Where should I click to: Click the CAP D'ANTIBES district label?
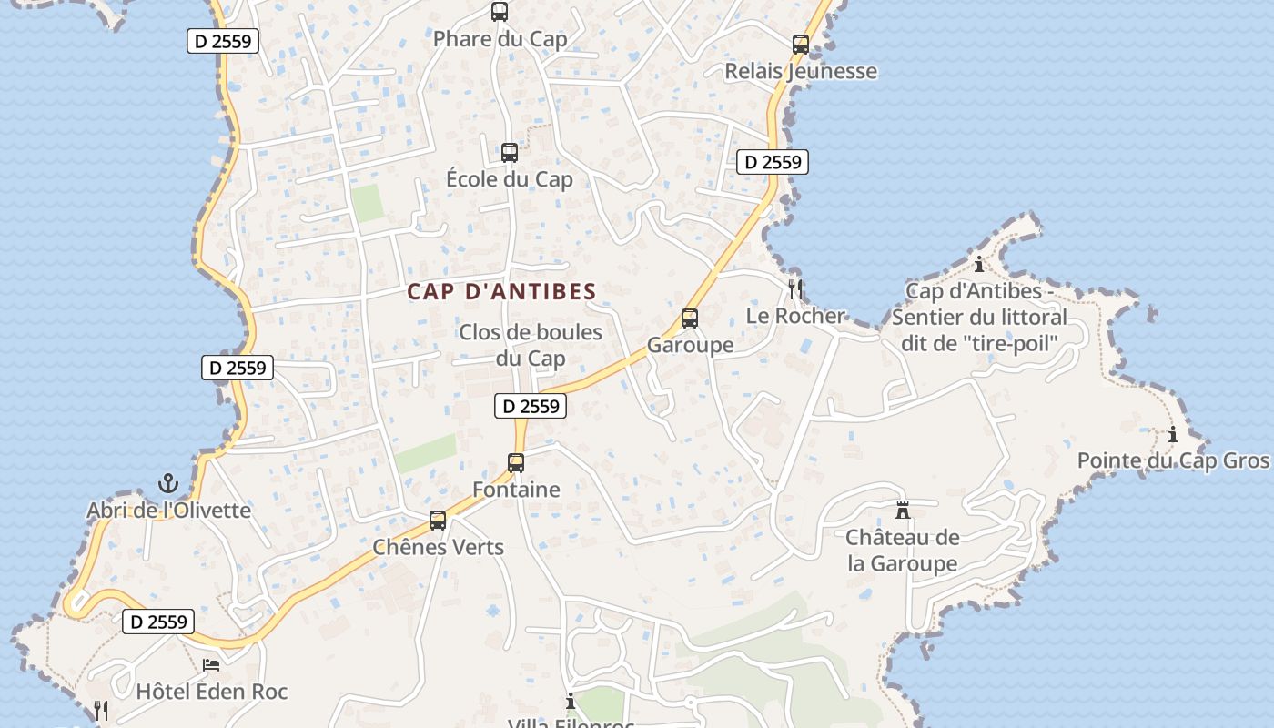click(501, 292)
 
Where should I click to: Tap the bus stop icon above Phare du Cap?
click(500, 12)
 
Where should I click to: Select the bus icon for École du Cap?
click(510, 152)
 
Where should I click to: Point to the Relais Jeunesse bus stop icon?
click(801, 44)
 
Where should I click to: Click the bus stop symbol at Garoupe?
click(690, 318)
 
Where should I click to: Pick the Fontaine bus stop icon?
click(516, 463)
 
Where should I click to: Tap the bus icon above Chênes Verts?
click(438, 521)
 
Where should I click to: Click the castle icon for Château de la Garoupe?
click(903, 510)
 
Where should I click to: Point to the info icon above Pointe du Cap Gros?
click(1173, 435)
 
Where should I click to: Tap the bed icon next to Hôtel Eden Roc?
click(211, 665)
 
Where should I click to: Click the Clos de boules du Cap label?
click(531, 345)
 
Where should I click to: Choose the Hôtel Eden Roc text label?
click(211, 692)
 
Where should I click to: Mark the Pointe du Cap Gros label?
click(1172, 460)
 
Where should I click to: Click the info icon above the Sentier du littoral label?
click(979, 265)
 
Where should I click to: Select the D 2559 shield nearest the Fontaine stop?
click(531, 406)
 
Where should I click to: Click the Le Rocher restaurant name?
click(795, 316)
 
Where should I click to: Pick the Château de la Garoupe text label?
click(903, 551)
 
